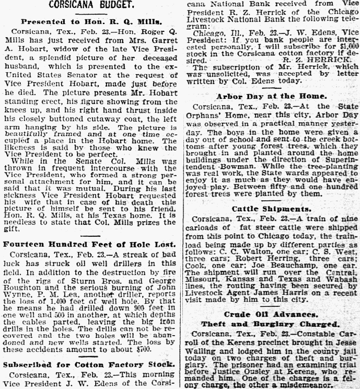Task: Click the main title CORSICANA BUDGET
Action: tap(93, 7)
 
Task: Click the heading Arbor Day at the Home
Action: tap(272, 96)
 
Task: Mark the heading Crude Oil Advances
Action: tap(272, 315)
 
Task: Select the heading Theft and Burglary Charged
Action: tap(272, 324)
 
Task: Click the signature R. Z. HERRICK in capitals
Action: tap(281, 61)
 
